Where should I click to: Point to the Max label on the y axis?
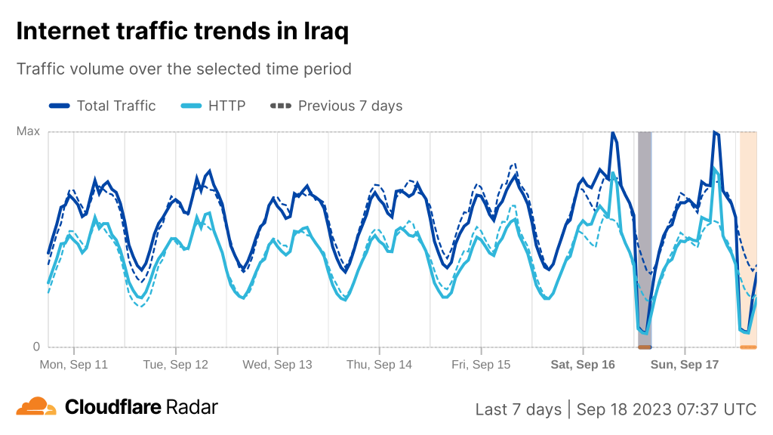28,131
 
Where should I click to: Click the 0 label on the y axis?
35,347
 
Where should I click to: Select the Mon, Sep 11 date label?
74,364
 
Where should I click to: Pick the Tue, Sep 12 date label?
175,364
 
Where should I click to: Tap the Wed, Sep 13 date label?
277,364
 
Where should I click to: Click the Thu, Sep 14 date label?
379,364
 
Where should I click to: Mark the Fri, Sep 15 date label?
481,364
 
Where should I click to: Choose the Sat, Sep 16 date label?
583,364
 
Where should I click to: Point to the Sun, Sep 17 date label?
685,364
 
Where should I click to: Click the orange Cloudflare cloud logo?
36,407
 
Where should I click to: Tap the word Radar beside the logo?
192,407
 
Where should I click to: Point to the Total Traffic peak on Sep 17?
715,132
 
